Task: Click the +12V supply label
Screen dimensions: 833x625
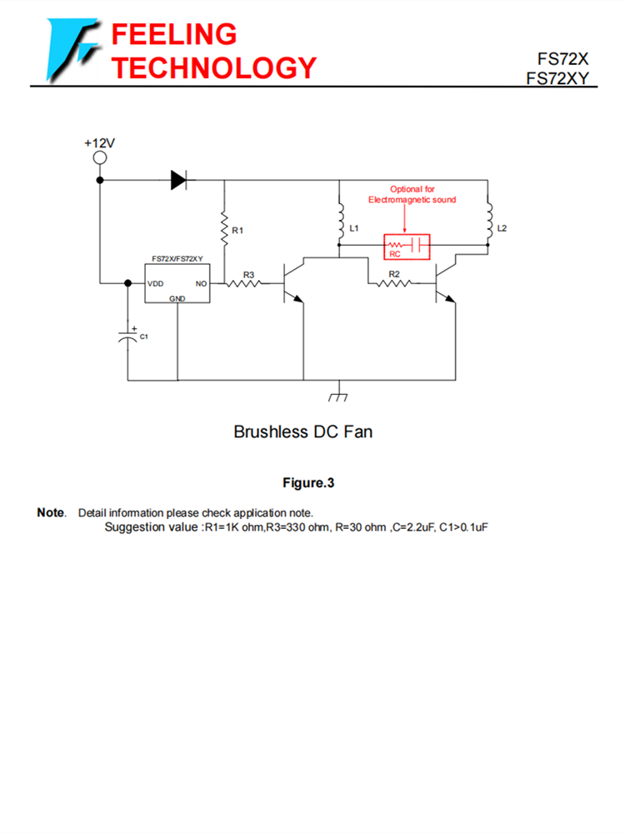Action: click(99, 143)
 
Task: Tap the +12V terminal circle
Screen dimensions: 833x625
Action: click(100, 158)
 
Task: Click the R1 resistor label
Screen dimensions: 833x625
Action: click(237, 229)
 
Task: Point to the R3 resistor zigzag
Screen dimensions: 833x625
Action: click(247, 284)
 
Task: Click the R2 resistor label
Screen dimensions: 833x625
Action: click(394, 273)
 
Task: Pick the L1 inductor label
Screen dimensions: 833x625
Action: click(354, 227)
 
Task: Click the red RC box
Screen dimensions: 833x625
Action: click(406, 246)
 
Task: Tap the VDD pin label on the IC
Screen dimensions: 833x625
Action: click(156, 284)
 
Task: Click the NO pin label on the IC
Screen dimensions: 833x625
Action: click(201, 284)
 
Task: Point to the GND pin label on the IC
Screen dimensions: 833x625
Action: click(177, 298)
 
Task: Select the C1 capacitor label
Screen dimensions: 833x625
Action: click(143, 336)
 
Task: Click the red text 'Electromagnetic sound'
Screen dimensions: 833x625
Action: click(412, 200)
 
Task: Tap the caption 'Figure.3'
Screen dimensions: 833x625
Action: click(308, 482)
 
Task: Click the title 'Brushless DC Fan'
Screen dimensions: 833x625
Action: click(303, 431)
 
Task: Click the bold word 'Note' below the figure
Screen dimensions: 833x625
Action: click(51, 512)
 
